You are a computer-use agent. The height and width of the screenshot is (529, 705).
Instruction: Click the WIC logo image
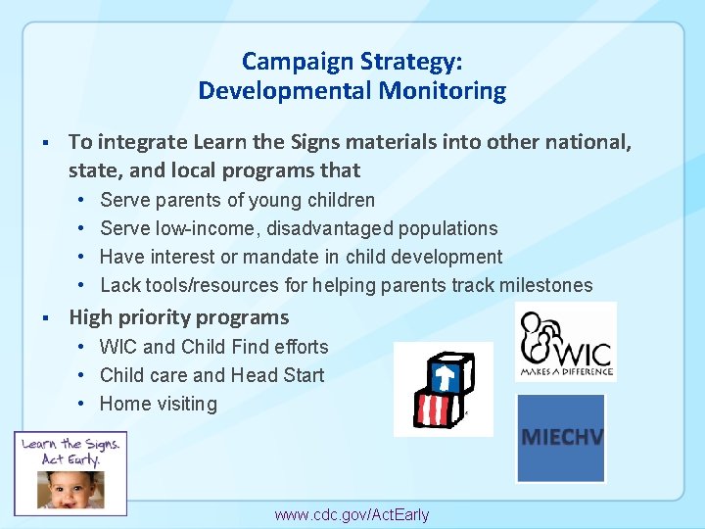point(565,340)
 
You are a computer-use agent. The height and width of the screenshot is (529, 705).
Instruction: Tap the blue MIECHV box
point(561,438)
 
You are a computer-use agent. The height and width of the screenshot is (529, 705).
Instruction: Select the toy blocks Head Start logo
point(443,388)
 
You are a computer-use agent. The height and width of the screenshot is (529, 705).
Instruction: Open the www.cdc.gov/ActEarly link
point(352,514)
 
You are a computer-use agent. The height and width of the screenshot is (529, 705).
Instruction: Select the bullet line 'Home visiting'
point(159,404)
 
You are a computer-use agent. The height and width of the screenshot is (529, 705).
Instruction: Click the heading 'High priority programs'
point(179,317)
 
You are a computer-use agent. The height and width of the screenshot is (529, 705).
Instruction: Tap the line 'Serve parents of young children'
point(237,200)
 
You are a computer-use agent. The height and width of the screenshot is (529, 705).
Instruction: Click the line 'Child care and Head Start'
point(211,375)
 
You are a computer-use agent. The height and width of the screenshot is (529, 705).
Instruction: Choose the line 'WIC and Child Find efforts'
point(213,347)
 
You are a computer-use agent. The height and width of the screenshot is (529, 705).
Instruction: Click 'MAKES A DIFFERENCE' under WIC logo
point(566,370)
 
